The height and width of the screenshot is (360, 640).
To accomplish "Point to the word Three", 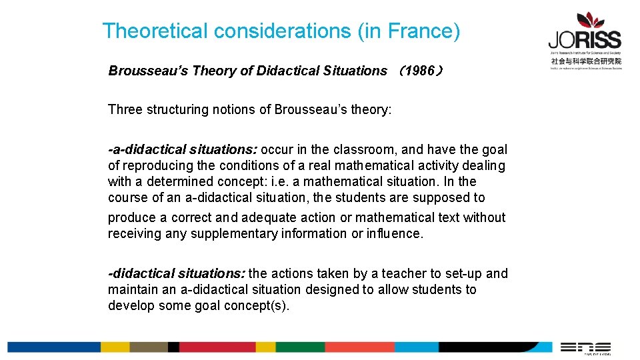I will tap(125, 109).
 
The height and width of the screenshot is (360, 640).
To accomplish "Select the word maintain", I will tap(132, 289).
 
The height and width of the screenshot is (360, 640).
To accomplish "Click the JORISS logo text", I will tap(585, 39).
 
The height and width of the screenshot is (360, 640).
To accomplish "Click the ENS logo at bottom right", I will tap(585, 347).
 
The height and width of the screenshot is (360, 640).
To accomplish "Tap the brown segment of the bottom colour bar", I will tap(149, 347).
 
